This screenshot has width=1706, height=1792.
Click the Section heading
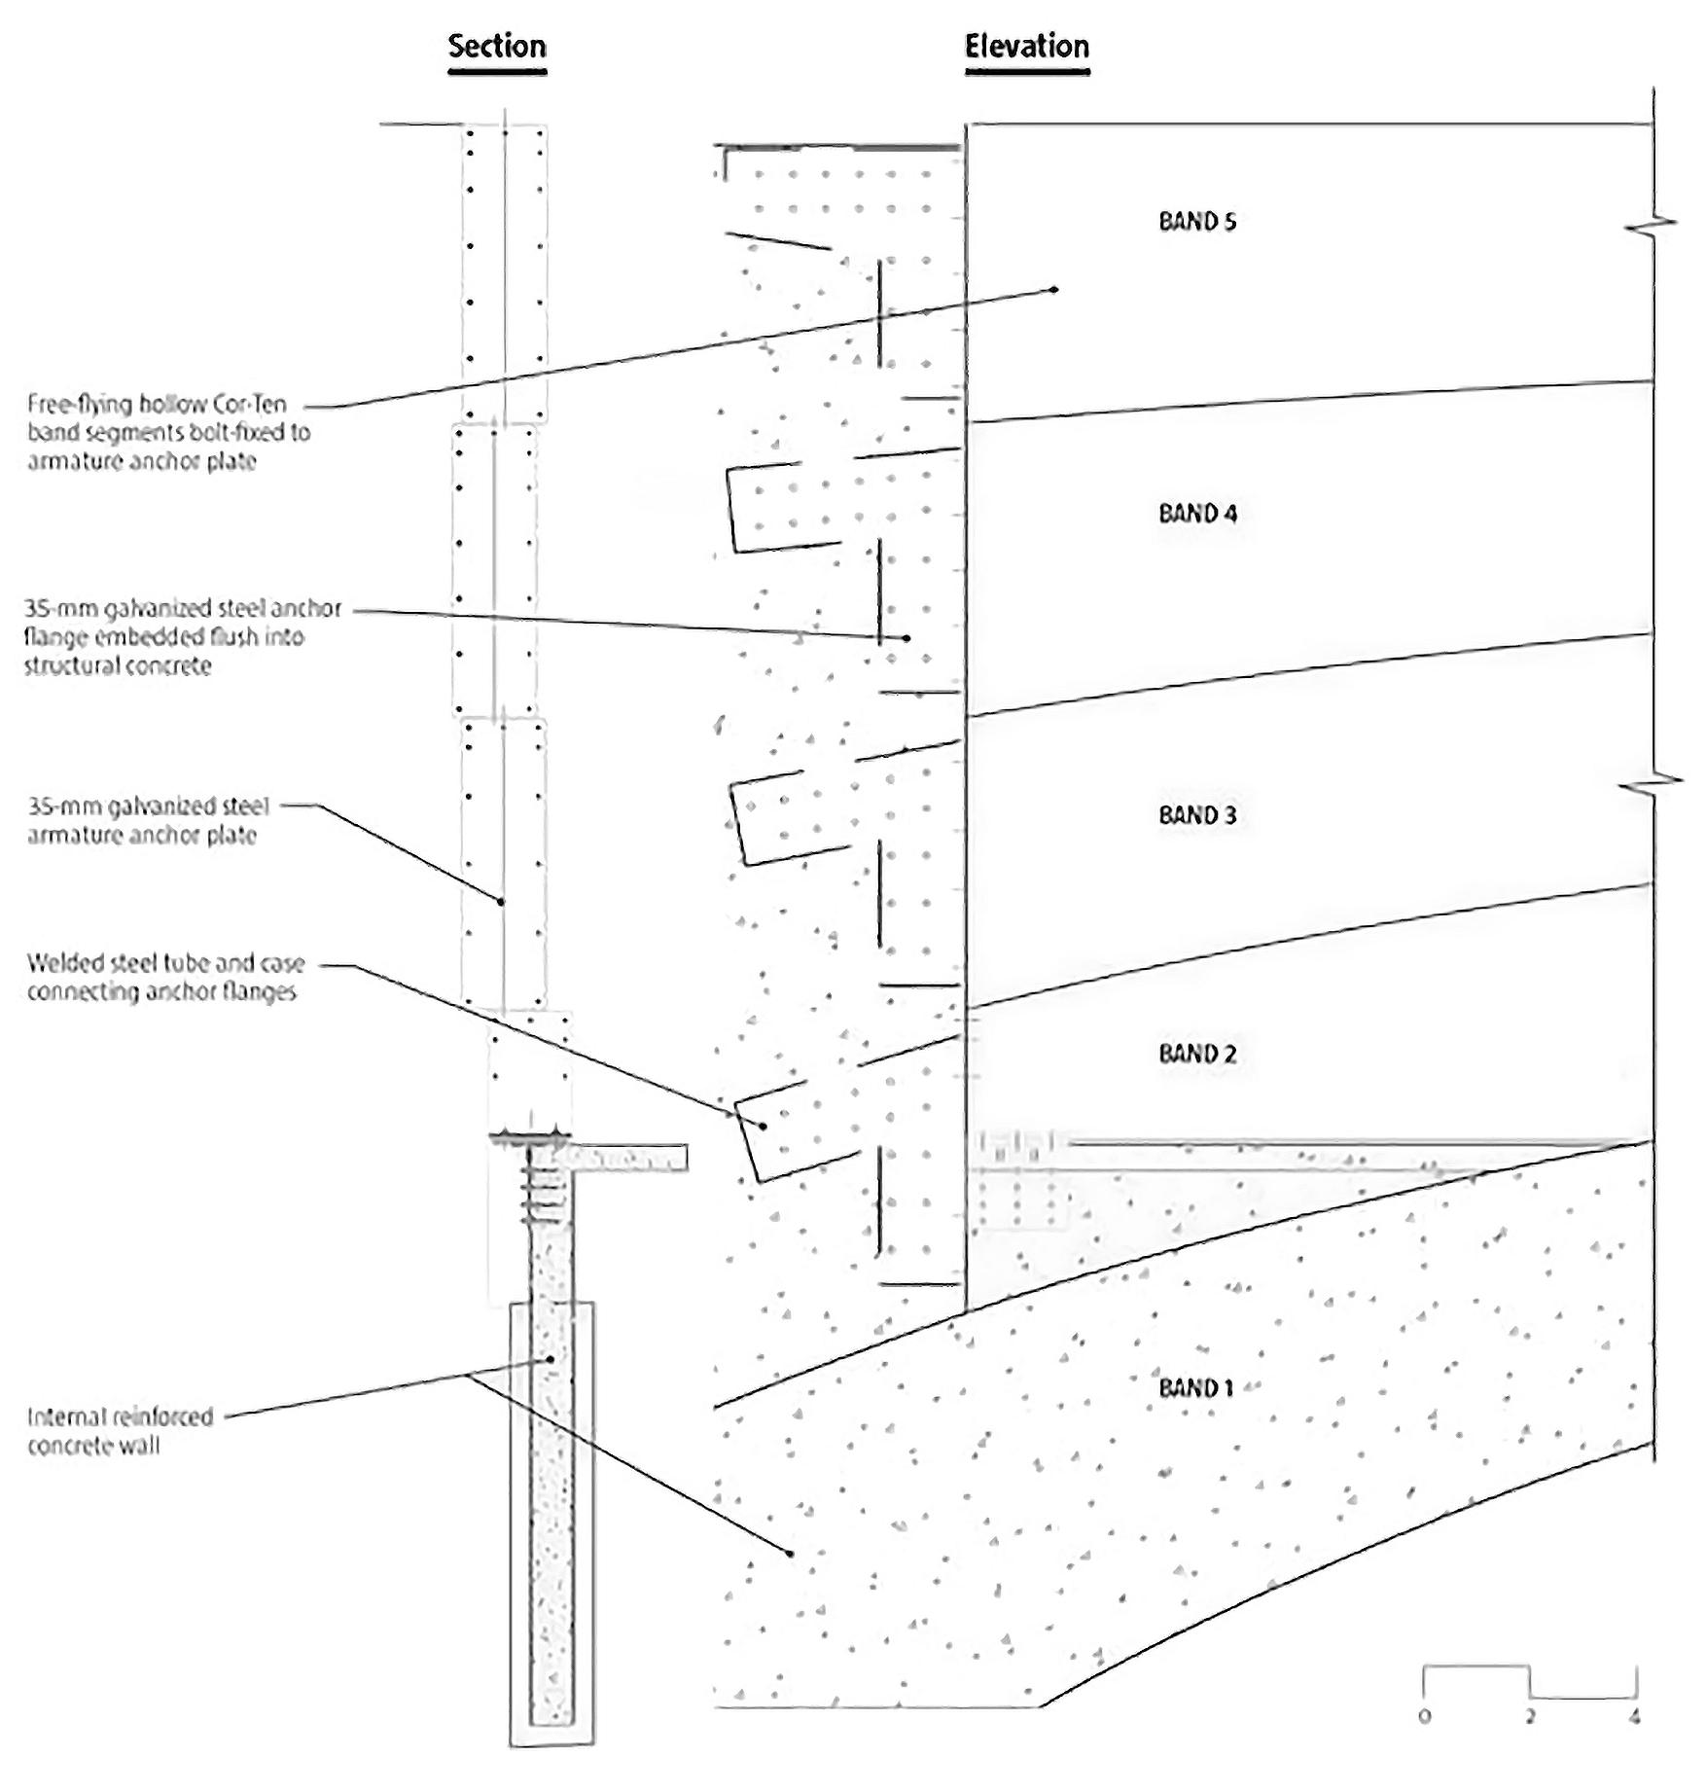point(497,47)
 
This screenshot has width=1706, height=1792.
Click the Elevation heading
point(1026,47)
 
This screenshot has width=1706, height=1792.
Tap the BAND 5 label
point(1197,222)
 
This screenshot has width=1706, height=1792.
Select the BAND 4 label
point(1197,514)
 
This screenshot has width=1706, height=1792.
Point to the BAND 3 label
point(1197,815)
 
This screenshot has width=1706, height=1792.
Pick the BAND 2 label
point(1197,1054)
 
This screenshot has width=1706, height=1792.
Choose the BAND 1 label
point(1195,1388)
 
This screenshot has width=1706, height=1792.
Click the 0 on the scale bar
point(1425,1717)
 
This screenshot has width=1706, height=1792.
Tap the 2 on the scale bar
point(1530,1717)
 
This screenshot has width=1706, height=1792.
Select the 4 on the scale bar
point(1635,1717)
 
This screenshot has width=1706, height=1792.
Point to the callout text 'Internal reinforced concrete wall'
point(120,1431)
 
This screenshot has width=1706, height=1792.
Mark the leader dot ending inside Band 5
point(1055,290)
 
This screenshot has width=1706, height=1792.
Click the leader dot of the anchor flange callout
point(906,638)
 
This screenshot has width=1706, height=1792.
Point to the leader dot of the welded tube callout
point(764,1127)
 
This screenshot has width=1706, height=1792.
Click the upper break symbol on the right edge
point(1653,226)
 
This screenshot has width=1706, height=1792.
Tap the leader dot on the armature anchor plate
point(501,902)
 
